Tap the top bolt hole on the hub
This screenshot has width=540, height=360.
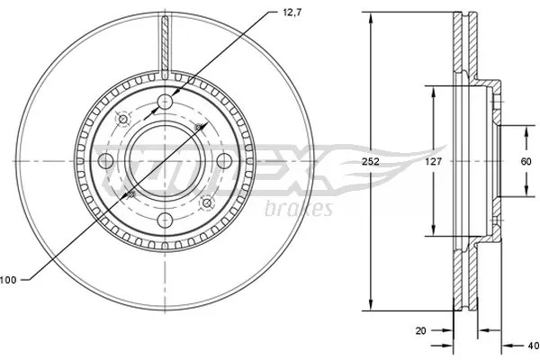click(x=166, y=101)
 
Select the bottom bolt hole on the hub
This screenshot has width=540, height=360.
click(x=166, y=221)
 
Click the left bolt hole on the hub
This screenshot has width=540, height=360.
click(x=105, y=161)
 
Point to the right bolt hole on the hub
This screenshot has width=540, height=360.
click(x=225, y=161)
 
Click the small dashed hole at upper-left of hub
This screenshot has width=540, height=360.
click(x=122, y=119)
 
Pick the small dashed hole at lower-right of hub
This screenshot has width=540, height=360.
click(x=208, y=203)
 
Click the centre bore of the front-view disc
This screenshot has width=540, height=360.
click(x=166, y=161)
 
